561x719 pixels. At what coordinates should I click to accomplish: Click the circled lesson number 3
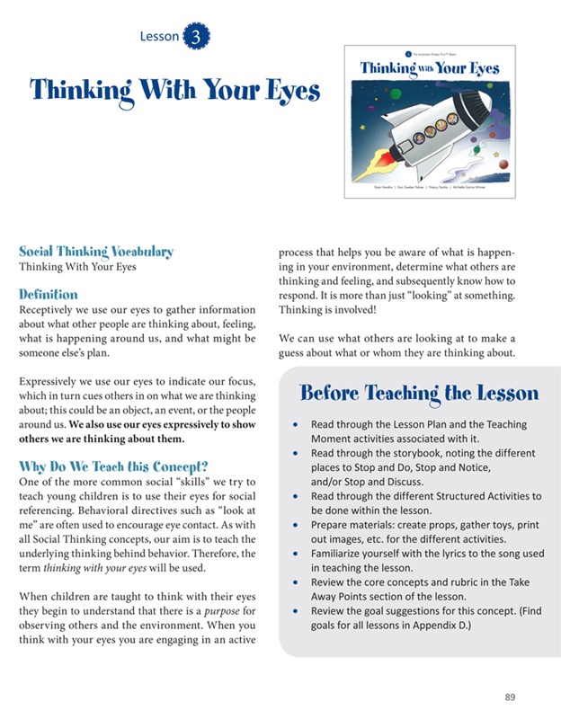pyautogui.click(x=196, y=36)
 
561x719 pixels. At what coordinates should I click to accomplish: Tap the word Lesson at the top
pyautogui.click(x=159, y=36)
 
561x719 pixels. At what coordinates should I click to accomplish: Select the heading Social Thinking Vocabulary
pyautogui.click(x=96, y=252)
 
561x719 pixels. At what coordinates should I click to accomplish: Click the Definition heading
pyautogui.click(x=49, y=294)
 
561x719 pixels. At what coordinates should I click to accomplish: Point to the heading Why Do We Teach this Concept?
pyautogui.click(x=113, y=466)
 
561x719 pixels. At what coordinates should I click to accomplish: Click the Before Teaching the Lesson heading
pyautogui.click(x=419, y=393)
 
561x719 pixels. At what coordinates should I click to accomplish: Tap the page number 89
pyautogui.click(x=511, y=696)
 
